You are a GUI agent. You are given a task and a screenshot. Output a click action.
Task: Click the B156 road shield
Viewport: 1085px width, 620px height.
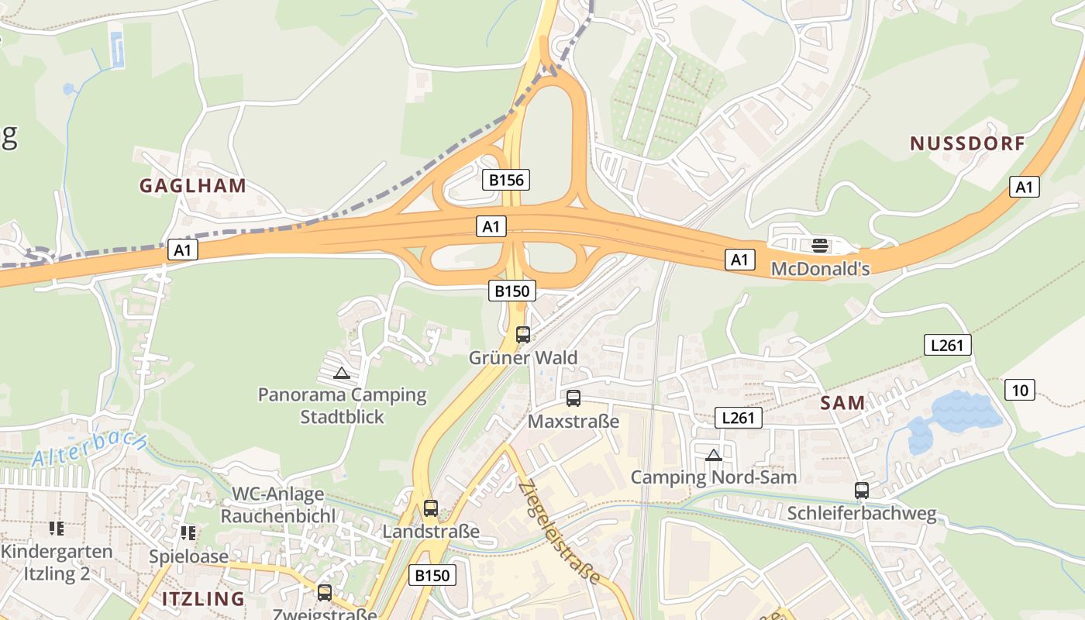tap(507, 181)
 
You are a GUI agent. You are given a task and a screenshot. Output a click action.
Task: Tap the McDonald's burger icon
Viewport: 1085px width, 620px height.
tap(820, 246)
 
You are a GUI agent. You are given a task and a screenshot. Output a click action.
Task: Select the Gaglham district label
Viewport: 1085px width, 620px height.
tap(192, 186)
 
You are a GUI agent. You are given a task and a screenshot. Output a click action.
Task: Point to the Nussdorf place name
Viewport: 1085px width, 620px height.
tap(967, 143)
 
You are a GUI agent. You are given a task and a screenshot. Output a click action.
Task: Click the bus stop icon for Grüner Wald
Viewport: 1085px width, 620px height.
tap(523, 335)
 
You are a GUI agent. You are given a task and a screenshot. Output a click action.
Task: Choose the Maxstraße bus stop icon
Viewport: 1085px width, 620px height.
tap(573, 398)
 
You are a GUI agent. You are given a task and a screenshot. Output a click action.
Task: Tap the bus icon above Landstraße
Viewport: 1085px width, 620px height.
tap(431, 508)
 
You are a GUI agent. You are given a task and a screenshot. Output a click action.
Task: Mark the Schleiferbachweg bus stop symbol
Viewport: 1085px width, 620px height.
tap(862, 490)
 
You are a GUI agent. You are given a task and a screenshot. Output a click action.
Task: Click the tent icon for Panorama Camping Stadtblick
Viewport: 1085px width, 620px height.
tap(342, 373)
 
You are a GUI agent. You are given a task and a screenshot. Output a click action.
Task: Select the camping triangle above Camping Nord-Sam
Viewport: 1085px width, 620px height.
tap(714, 455)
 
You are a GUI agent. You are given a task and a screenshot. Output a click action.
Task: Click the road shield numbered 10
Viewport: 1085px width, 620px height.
tap(1020, 390)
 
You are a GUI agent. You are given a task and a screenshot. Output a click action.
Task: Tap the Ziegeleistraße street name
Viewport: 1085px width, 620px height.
tap(560, 532)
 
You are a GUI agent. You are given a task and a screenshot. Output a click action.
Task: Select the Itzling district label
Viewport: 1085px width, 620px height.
tap(203, 598)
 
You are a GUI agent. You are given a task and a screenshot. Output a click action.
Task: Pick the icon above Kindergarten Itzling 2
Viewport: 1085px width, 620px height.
tap(57, 529)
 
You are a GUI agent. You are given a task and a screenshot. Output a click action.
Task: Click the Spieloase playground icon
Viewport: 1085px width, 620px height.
tap(188, 533)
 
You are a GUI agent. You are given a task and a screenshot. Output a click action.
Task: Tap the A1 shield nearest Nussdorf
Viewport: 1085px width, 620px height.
tap(1025, 187)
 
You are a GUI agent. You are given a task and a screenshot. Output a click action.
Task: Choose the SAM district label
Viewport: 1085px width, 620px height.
tap(842, 403)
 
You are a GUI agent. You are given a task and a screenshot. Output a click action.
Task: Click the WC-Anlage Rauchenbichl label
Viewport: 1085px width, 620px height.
tap(278, 505)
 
